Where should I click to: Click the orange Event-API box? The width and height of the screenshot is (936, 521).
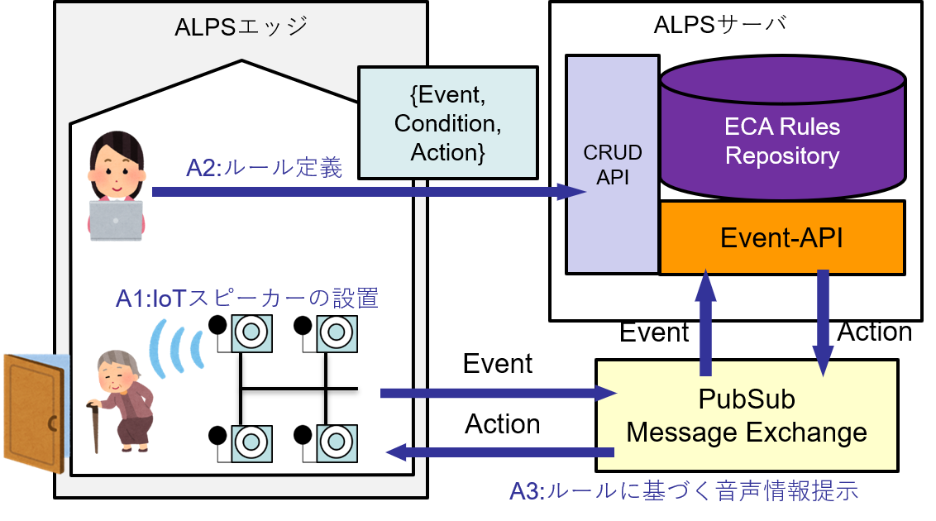(781, 238)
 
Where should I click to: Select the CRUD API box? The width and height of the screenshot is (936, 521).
(612, 165)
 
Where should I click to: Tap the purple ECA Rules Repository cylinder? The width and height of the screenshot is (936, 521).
(781, 132)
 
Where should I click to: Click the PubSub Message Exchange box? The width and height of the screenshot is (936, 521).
(747, 415)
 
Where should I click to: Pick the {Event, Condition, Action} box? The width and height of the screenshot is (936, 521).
(447, 123)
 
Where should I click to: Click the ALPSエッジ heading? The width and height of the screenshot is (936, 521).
(241, 26)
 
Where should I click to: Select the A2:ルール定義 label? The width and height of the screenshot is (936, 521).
(264, 168)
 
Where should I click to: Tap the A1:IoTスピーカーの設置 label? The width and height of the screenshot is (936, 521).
(246, 298)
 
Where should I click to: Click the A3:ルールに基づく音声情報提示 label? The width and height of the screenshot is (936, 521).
(684, 490)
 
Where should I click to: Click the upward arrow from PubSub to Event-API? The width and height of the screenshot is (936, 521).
(705, 323)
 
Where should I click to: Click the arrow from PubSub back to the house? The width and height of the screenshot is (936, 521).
(500, 452)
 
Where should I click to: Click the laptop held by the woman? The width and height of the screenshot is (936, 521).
(116, 219)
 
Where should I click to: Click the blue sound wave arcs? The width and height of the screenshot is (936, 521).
(175, 345)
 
